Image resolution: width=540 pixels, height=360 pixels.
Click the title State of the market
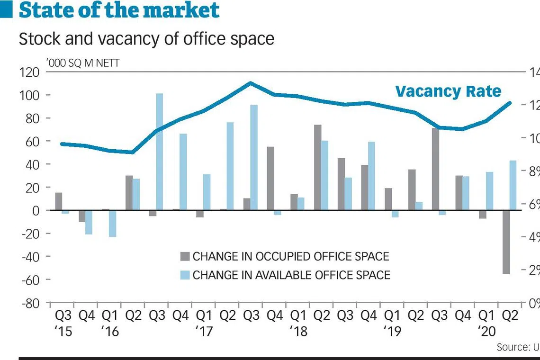point(119,10)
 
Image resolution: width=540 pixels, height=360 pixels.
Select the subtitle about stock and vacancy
point(146,39)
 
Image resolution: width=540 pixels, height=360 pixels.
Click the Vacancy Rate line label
point(448,91)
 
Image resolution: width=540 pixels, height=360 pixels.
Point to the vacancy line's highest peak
point(251,83)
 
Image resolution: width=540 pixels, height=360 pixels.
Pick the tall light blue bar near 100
point(159,152)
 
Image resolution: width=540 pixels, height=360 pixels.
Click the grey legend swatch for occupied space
point(184,257)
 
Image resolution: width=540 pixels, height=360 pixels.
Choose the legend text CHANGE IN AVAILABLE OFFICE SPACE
point(291,275)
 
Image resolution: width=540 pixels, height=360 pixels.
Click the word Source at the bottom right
point(511,347)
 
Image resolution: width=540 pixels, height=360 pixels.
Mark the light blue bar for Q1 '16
point(112,223)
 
